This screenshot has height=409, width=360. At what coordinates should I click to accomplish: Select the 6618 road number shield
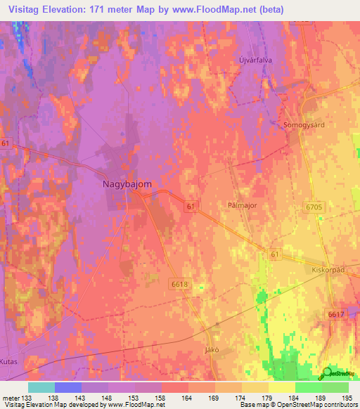point(179,283)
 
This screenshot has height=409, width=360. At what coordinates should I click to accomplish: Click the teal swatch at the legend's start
point(41,387)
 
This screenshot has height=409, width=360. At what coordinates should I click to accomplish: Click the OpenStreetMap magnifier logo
point(328,372)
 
